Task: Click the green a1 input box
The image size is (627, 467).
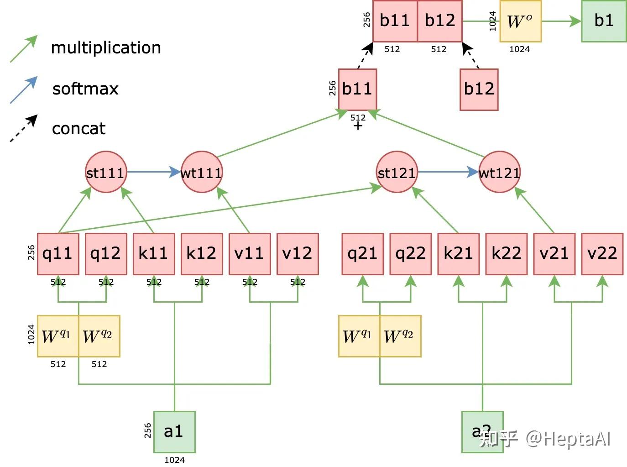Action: pos(174,431)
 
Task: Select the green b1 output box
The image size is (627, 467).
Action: pos(603,21)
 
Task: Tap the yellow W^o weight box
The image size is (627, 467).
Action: pos(520,21)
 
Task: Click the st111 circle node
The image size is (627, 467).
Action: pos(106,172)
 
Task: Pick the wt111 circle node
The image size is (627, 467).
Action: pos(201,172)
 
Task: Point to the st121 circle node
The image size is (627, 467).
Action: pos(397,172)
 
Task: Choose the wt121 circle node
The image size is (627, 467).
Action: pos(499,172)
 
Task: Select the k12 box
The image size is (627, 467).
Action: pos(202,254)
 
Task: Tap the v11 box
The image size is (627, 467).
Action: pos(250,254)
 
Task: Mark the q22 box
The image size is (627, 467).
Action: pos(410,254)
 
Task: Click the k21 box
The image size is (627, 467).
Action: pos(458,254)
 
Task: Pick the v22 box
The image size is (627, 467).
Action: pos(602,254)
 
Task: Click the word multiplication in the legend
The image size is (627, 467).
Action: pos(106,48)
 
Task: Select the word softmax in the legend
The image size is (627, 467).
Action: pos(85,89)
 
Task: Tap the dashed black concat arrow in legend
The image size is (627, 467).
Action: pos(24,128)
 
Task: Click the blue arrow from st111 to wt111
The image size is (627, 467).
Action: pos(153,172)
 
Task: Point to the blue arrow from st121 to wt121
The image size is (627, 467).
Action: pos(448,172)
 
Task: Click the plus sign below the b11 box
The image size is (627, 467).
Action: pos(358,126)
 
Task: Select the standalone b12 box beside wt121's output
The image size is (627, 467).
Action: pos(479,89)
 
